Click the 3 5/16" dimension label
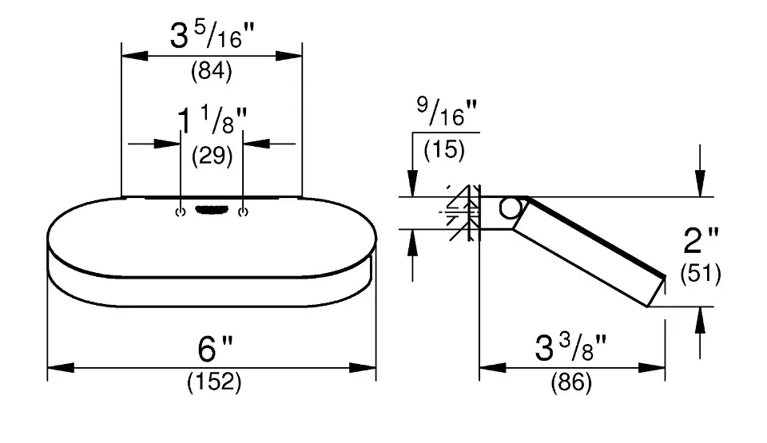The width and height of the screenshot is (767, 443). click(213, 35)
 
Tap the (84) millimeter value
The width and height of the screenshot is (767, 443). click(211, 71)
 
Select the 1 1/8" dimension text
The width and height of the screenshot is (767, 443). click(212, 121)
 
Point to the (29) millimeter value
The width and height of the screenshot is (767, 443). click(212, 156)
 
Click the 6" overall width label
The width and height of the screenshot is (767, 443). click(215, 348)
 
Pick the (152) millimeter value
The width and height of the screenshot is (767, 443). click(214, 382)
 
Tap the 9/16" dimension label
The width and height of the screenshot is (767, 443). click(447, 112)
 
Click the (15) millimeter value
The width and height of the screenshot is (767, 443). click(444, 149)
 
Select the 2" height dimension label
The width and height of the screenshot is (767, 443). click(701, 240)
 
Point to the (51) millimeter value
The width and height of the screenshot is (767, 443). click(701, 273)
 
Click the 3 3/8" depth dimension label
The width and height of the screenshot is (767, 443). click(570, 347)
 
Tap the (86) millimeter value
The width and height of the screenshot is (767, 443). click(571, 382)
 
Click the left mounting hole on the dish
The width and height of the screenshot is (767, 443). click(181, 212)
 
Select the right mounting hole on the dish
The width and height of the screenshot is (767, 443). click(243, 212)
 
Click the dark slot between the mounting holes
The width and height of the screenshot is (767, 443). click(212, 210)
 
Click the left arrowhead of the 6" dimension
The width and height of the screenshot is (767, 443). click(61, 368)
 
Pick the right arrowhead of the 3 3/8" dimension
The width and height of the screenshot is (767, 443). click(652, 368)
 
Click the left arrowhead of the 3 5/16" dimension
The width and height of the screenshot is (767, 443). click(134, 56)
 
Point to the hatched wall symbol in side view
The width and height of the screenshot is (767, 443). click(463, 212)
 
